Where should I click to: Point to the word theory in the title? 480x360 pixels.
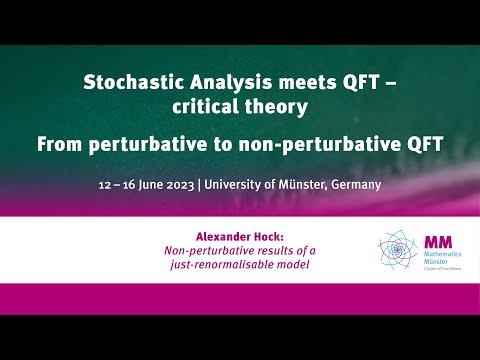(273, 106)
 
